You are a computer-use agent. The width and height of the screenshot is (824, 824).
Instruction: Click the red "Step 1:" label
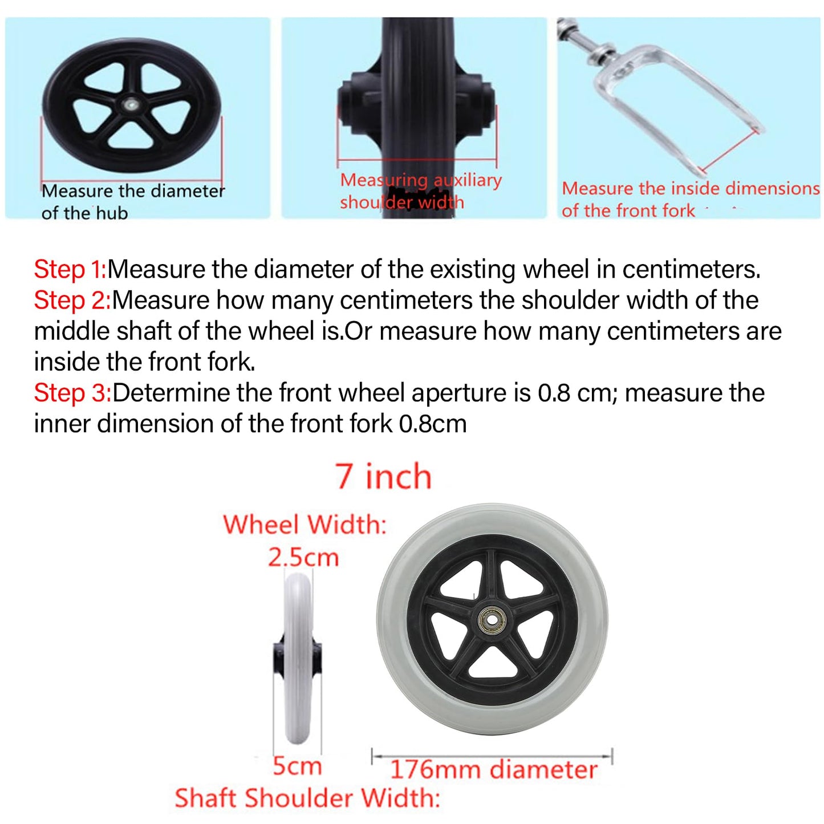click(70, 270)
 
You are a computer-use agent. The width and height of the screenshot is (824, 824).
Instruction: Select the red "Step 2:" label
click(72, 301)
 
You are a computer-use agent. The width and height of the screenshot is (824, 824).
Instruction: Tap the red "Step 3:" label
click(72, 393)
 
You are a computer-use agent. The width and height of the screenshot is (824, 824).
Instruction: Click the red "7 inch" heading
click(383, 476)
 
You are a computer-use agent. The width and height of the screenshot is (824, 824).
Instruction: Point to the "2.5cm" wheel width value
click(303, 558)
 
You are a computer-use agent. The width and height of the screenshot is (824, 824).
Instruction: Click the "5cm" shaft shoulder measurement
click(297, 766)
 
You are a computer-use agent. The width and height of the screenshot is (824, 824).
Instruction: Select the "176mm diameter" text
click(494, 770)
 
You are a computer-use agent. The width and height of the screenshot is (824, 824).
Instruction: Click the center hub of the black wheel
click(131, 104)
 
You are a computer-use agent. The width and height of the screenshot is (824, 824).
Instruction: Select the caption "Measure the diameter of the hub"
click(133, 201)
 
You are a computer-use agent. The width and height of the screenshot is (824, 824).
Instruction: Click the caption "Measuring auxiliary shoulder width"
click(421, 190)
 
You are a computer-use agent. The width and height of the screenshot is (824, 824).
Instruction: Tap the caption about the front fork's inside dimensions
click(690, 199)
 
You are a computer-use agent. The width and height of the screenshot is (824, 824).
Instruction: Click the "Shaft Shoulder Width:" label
click(307, 798)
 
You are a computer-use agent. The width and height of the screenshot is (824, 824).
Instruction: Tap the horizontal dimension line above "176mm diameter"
click(492, 757)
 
